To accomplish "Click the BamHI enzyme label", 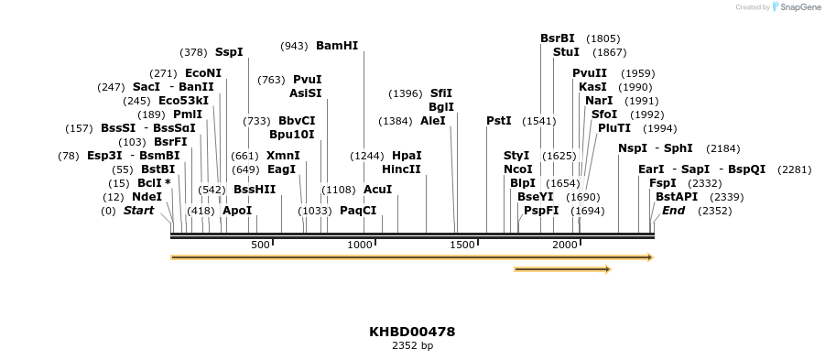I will click(337, 45).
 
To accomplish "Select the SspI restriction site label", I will click(229, 52).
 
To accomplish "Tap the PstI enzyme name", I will click(499, 120).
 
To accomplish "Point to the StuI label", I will click(566, 52).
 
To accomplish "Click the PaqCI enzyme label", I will click(358, 210).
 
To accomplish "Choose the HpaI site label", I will click(407, 155).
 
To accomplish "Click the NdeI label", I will click(147, 196).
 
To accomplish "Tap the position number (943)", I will click(294, 46).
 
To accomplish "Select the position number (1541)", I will click(538, 121).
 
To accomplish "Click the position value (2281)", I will click(794, 169).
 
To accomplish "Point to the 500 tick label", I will click(261, 245).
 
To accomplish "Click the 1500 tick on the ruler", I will click(463, 245).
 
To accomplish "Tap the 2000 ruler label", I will click(565, 245).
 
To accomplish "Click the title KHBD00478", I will click(412, 332).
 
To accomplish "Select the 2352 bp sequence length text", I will click(412, 346).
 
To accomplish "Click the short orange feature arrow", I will click(562, 269).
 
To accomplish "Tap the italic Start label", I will click(138, 210).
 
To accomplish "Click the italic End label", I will click(673, 210).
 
